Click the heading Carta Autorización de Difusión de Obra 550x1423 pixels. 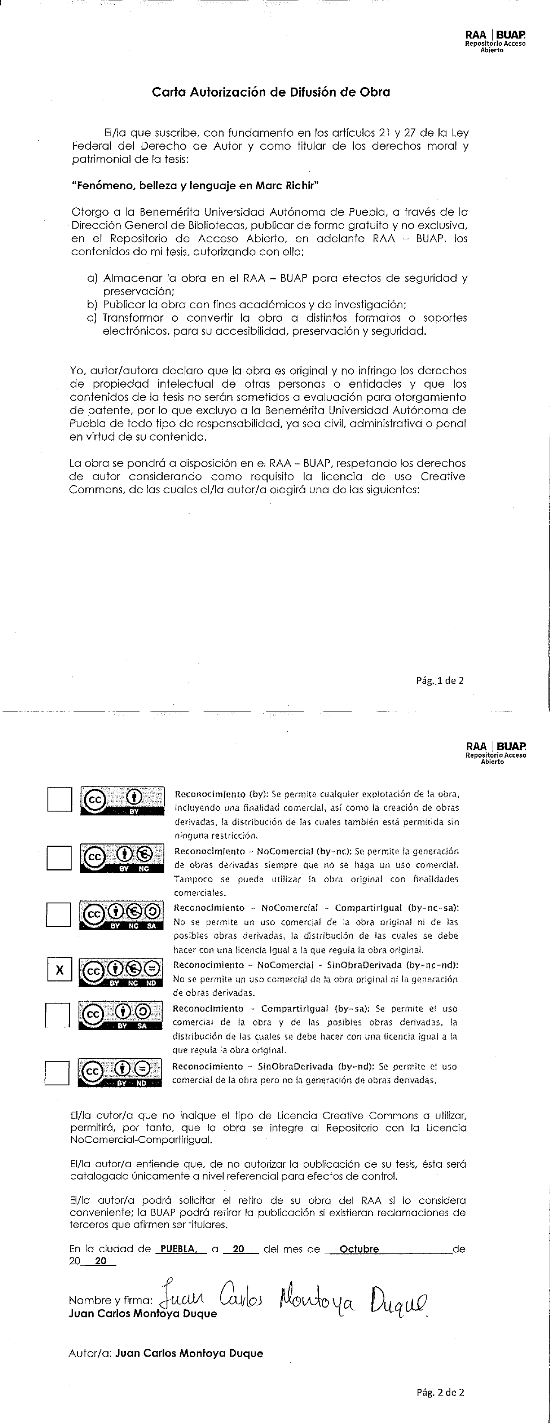click(x=271, y=92)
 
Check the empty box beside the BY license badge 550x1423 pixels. click(x=60, y=799)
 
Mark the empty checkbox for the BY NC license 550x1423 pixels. click(x=59, y=858)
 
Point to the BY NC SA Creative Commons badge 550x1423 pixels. click(x=122, y=915)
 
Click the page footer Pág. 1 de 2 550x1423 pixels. click(x=440, y=680)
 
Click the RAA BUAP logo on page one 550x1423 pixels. click(x=495, y=41)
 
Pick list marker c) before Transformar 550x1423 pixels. click(x=92, y=318)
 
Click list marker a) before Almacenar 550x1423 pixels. click(x=92, y=278)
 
